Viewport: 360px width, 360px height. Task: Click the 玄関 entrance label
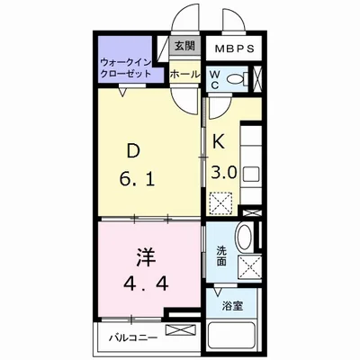pyautogui.click(x=184, y=46)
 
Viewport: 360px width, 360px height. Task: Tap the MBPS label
pyautogui.click(x=235, y=49)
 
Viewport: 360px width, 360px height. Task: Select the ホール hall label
pyautogui.click(x=184, y=74)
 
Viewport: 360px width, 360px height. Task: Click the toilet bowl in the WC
pyautogui.click(x=236, y=79)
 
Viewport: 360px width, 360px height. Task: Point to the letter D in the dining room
pyautogui.click(x=133, y=151)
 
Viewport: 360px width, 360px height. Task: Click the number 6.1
pyautogui.click(x=137, y=180)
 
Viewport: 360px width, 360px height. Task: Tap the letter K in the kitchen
pyautogui.click(x=219, y=141)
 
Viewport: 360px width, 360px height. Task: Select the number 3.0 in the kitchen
pyautogui.click(x=225, y=173)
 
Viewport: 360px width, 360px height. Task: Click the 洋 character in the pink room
pyautogui.click(x=146, y=257)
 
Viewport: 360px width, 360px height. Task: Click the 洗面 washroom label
pyautogui.click(x=221, y=256)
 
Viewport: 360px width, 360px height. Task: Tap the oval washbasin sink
pyautogui.click(x=245, y=237)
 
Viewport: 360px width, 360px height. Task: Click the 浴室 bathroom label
pyautogui.click(x=233, y=307)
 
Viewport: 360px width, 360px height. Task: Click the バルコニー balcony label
pyautogui.click(x=133, y=337)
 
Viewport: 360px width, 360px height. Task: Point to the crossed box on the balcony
pyautogui.click(x=179, y=331)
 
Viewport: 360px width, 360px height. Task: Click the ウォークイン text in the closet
pyautogui.click(x=125, y=63)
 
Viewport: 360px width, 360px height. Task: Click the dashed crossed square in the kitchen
pyautogui.click(x=220, y=202)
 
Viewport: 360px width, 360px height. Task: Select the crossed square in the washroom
pyautogui.click(x=249, y=267)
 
